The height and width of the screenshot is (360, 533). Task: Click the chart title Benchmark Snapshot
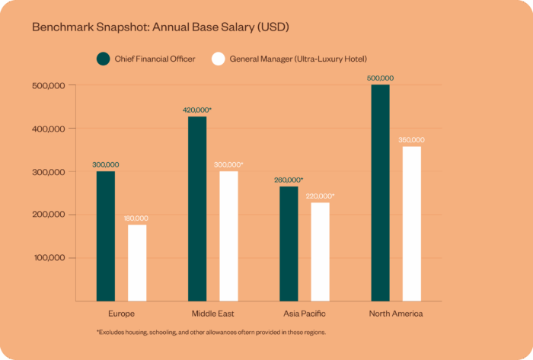pyautogui.click(x=160, y=27)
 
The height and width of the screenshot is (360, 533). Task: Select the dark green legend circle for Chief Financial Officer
pyautogui.click(x=104, y=59)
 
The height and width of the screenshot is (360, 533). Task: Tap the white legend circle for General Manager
pyautogui.click(x=218, y=59)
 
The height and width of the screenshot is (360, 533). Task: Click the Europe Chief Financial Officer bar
pyautogui.click(x=105, y=236)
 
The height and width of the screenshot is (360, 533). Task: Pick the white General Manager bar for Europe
pyautogui.click(x=137, y=263)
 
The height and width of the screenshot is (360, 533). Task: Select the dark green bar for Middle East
pyautogui.click(x=197, y=209)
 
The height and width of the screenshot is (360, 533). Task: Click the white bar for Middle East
pyautogui.click(x=228, y=236)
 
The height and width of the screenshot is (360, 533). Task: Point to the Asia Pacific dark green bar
pyautogui.click(x=289, y=244)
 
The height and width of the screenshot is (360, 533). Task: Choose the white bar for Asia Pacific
pyautogui.click(x=320, y=251)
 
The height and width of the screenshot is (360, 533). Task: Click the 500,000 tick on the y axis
pyautogui.click(x=49, y=85)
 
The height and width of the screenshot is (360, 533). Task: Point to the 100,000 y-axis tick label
pyautogui.click(x=49, y=257)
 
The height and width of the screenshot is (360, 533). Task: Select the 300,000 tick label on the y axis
pyautogui.click(x=49, y=171)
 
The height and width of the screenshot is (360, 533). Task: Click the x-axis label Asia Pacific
pyautogui.click(x=304, y=314)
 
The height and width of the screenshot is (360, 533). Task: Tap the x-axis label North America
pyautogui.click(x=395, y=314)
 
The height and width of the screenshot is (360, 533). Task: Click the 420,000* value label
pyautogui.click(x=197, y=110)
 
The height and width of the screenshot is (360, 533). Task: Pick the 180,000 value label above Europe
pyautogui.click(x=137, y=218)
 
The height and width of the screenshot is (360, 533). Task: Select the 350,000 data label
pyautogui.click(x=411, y=140)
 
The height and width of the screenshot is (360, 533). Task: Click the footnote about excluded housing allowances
pyautogui.click(x=211, y=333)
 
